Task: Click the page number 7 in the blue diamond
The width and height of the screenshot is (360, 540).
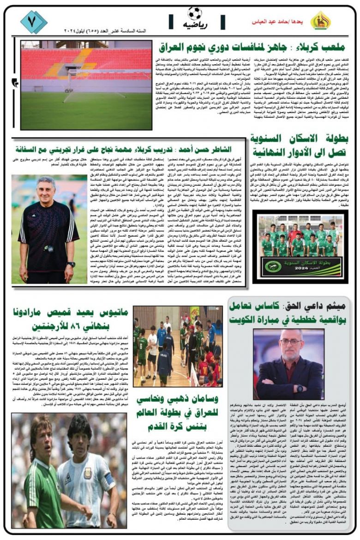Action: (33, 22)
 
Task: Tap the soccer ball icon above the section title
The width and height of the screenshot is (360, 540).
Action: (195, 13)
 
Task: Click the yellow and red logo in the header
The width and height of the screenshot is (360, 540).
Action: (320, 21)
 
